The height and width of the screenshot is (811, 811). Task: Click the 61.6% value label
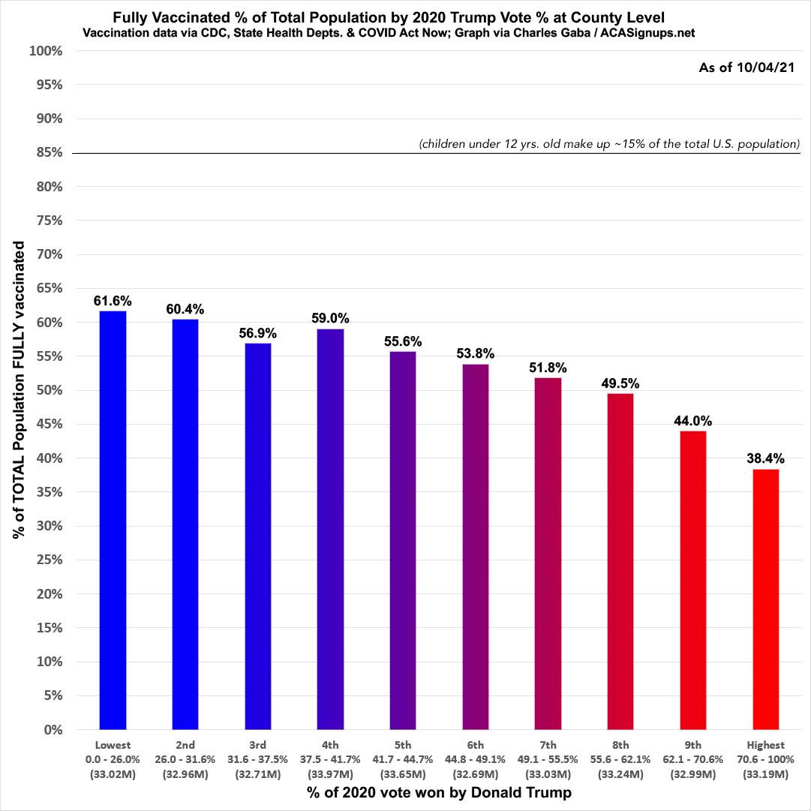point(113,301)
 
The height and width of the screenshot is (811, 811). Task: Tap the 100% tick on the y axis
point(46,51)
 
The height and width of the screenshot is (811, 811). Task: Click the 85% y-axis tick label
point(49,153)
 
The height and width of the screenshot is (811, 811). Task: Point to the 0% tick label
point(53,729)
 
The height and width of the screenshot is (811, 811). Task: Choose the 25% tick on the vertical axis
point(49,560)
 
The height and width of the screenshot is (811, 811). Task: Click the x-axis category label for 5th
point(402,746)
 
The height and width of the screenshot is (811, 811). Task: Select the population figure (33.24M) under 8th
point(620,773)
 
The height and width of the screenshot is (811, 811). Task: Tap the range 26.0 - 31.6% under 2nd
point(185,759)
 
